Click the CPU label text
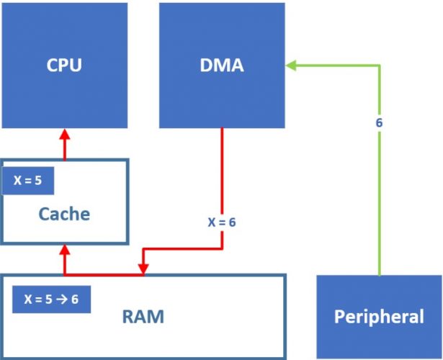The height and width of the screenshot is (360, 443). [x=63, y=66]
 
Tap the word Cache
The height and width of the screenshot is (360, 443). [x=64, y=214]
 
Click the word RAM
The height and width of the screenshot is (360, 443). [x=143, y=316]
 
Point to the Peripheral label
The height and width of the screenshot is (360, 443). [x=379, y=317]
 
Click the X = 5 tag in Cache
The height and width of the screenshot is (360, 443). [x=28, y=181]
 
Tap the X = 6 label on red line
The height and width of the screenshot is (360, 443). [x=222, y=222]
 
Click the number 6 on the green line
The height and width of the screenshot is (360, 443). [x=379, y=122]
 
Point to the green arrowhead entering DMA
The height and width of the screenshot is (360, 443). [x=290, y=66]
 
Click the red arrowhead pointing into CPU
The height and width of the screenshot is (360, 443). [x=64, y=134]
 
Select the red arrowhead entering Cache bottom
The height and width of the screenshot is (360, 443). [x=64, y=249]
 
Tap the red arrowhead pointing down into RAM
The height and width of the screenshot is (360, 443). [x=144, y=269]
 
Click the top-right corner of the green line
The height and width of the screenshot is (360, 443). [x=379, y=66]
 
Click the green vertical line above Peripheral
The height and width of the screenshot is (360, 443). [x=379, y=216]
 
